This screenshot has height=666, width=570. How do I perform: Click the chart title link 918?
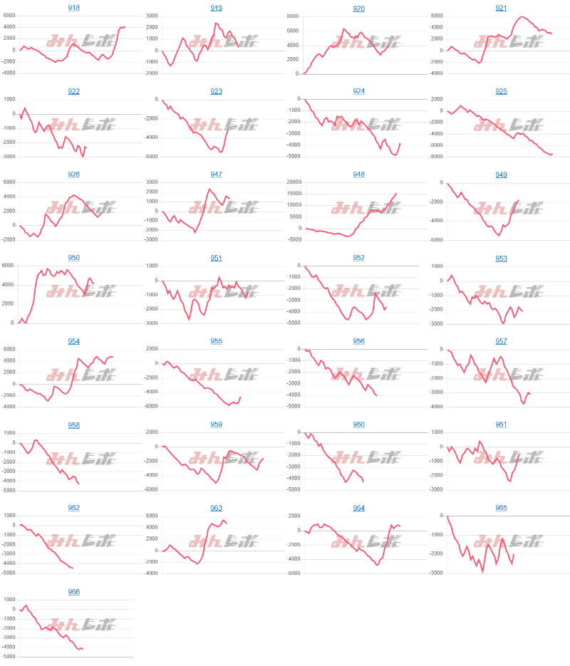pos(74,8)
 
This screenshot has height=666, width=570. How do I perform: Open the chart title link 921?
pos(502,8)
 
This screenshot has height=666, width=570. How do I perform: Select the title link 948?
pos(359,175)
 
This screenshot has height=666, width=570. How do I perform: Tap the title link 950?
pos(74,258)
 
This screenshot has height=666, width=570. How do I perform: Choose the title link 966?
pos(74,592)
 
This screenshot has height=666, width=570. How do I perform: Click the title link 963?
pos(217,509)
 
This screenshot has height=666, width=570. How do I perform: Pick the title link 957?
pos(502,341)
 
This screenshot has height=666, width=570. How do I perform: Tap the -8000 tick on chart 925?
pos(435,157)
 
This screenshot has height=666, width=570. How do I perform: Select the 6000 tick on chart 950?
pos(8,266)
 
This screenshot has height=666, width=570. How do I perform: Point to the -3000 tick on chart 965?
pos(435,573)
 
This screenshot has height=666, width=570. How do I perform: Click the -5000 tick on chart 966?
pos(8,657)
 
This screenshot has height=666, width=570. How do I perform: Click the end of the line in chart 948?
pos(397,193)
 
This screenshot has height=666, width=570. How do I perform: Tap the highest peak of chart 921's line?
pos(522,16)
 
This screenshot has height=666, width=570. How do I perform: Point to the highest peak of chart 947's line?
pos(209,189)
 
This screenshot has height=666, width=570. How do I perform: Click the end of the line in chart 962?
pos(73,568)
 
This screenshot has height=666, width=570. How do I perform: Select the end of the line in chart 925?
pos(552,154)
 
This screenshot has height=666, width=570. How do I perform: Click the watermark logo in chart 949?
pos(508,208)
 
